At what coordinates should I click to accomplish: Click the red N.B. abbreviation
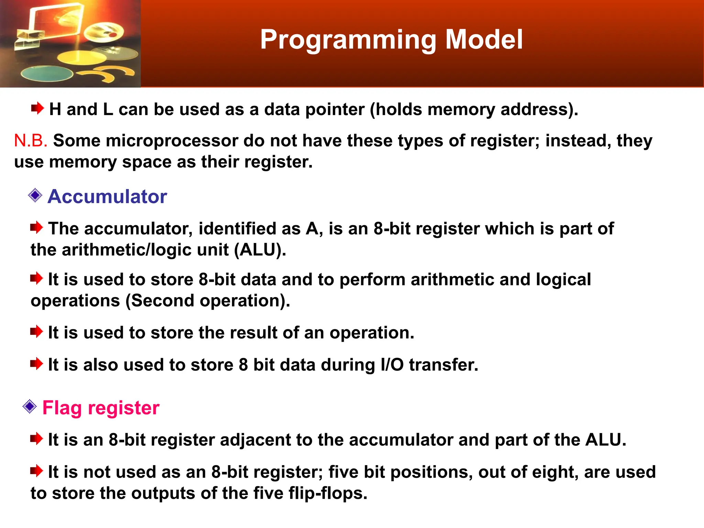(30, 141)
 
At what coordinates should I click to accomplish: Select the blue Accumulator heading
(107, 197)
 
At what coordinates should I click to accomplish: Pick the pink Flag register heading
(101, 408)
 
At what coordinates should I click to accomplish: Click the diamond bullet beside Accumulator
(35, 196)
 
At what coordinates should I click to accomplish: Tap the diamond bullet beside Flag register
(30, 407)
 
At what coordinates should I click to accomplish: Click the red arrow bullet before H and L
(37, 109)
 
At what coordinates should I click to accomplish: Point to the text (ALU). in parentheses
(260, 250)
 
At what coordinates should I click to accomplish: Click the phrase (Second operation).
(208, 301)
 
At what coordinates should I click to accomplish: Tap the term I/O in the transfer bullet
(392, 365)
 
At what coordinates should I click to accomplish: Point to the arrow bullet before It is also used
(36, 364)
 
